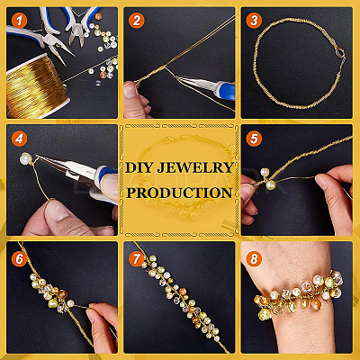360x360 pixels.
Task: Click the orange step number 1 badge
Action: point(20,21)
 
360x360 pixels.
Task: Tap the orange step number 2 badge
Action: point(137,21)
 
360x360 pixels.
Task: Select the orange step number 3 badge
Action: point(254,21)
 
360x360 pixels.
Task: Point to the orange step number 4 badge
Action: point(20,139)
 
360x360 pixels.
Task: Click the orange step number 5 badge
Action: point(254,139)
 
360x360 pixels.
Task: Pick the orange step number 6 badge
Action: point(20,258)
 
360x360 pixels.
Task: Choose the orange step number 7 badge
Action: point(137,258)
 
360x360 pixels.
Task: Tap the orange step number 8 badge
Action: point(254,258)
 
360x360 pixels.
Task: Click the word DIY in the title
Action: point(139,167)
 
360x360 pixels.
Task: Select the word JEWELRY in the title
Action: point(195,167)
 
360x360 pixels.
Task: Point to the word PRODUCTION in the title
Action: point(179,193)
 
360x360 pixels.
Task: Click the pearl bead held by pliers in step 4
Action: point(26,158)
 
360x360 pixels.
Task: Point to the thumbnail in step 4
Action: point(58,211)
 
